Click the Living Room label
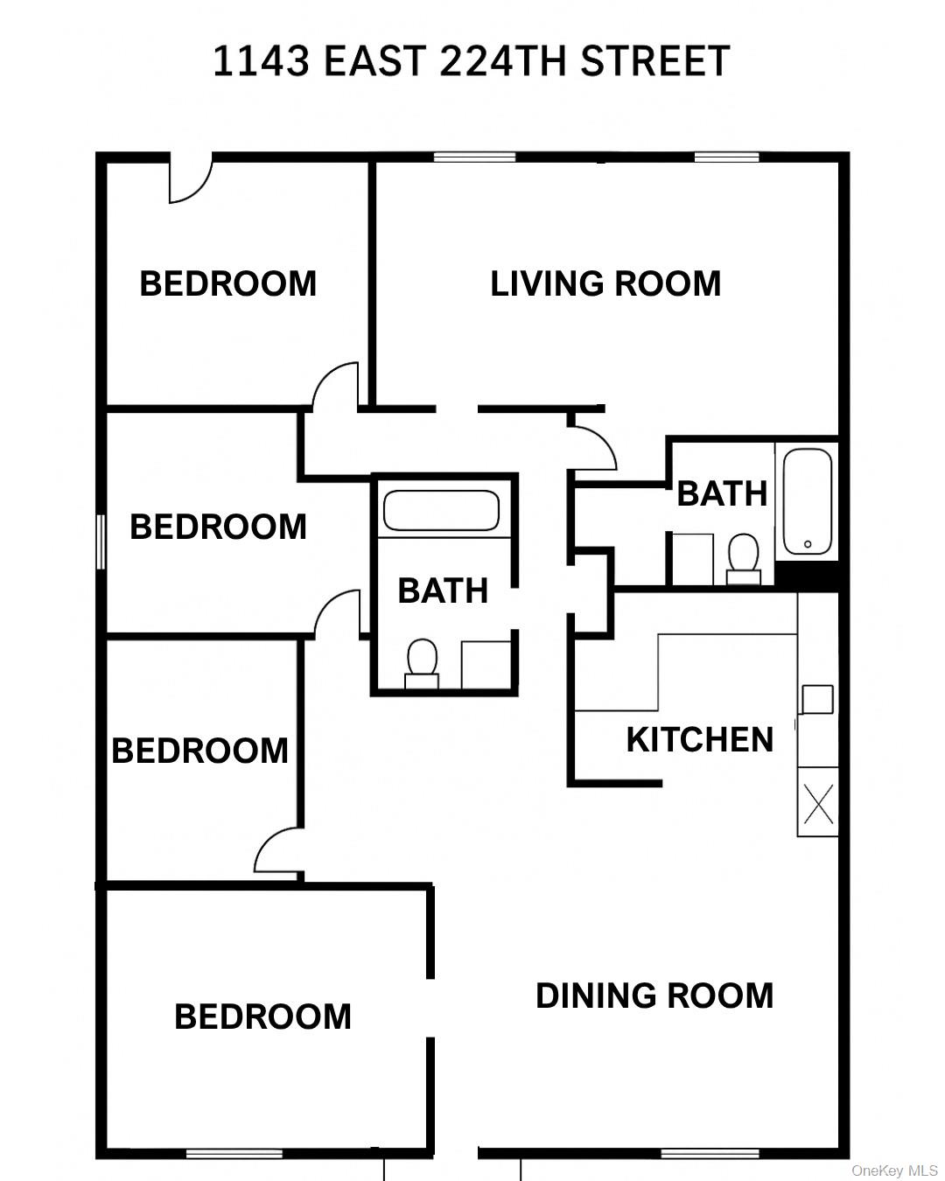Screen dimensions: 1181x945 point(605,283)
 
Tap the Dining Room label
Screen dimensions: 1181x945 point(654,996)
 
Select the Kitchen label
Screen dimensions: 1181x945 point(700,740)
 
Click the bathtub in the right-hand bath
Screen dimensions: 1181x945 point(807,502)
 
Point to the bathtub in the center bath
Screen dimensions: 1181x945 point(441,510)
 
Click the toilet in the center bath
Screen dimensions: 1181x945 point(422,661)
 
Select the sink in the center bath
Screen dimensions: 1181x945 point(486,665)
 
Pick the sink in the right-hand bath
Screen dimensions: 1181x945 point(692,557)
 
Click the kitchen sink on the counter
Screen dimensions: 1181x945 point(817,700)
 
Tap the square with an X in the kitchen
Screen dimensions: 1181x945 point(818,802)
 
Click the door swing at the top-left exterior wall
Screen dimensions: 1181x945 point(190,179)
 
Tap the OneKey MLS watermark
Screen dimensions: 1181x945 point(894,1171)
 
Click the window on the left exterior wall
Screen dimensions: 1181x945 point(101,542)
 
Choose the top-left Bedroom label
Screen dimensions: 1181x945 point(227,284)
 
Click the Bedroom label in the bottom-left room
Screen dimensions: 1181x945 point(262,1017)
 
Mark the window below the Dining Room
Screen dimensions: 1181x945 point(709,1153)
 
